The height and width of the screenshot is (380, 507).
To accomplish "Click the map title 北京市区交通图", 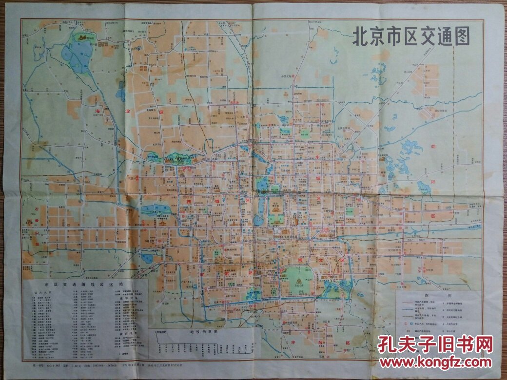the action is [x=411, y=37].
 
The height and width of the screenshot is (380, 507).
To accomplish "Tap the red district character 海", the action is [x=97, y=112].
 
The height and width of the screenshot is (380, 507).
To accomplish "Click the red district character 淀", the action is [x=128, y=112].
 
